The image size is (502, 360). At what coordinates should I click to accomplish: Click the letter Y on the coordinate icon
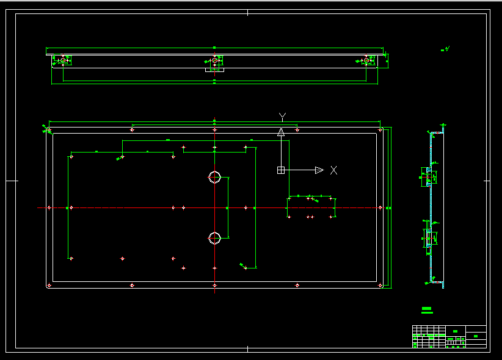pyautogui.click(x=282, y=117)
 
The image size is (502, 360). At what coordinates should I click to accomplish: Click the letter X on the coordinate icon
pyautogui.click(x=334, y=170)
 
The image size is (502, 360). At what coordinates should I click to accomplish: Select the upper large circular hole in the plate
pyautogui.click(x=214, y=178)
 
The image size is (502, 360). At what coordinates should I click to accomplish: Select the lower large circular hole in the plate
pyautogui.click(x=214, y=238)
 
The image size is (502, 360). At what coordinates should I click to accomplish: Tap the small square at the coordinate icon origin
pyautogui.click(x=281, y=170)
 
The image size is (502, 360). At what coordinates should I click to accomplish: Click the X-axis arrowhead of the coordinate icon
pyautogui.click(x=319, y=170)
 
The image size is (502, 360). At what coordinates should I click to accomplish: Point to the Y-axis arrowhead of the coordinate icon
pyautogui.click(x=281, y=132)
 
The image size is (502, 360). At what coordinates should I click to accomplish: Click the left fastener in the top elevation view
pyautogui.click(x=62, y=60)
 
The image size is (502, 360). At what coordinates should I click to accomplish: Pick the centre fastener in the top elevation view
pyautogui.click(x=215, y=60)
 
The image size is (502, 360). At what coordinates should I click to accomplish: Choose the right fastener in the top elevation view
pyautogui.click(x=366, y=60)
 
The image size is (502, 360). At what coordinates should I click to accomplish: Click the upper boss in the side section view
pyautogui.click(x=430, y=177)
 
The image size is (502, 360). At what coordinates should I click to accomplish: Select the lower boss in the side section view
pyautogui.click(x=430, y=238)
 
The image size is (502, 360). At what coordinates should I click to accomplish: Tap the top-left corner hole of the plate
pyautogui.click(x=49, y=130)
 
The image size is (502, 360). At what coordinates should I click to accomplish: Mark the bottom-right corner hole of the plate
pyautogui.click(x=380, y=285)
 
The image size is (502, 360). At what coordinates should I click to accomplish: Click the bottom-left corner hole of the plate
pyautogui.click(x=49, y=285)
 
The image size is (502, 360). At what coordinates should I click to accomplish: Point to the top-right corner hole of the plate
pyautogui.click(x=380, y=130)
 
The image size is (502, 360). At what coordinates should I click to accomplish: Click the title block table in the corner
pyautogui.click(x=449, y=337)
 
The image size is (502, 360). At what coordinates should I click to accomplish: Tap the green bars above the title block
pyautogui.click(x=427, y=311)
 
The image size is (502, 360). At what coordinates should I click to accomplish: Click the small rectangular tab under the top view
pyautogui.click(x=215, y=70)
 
